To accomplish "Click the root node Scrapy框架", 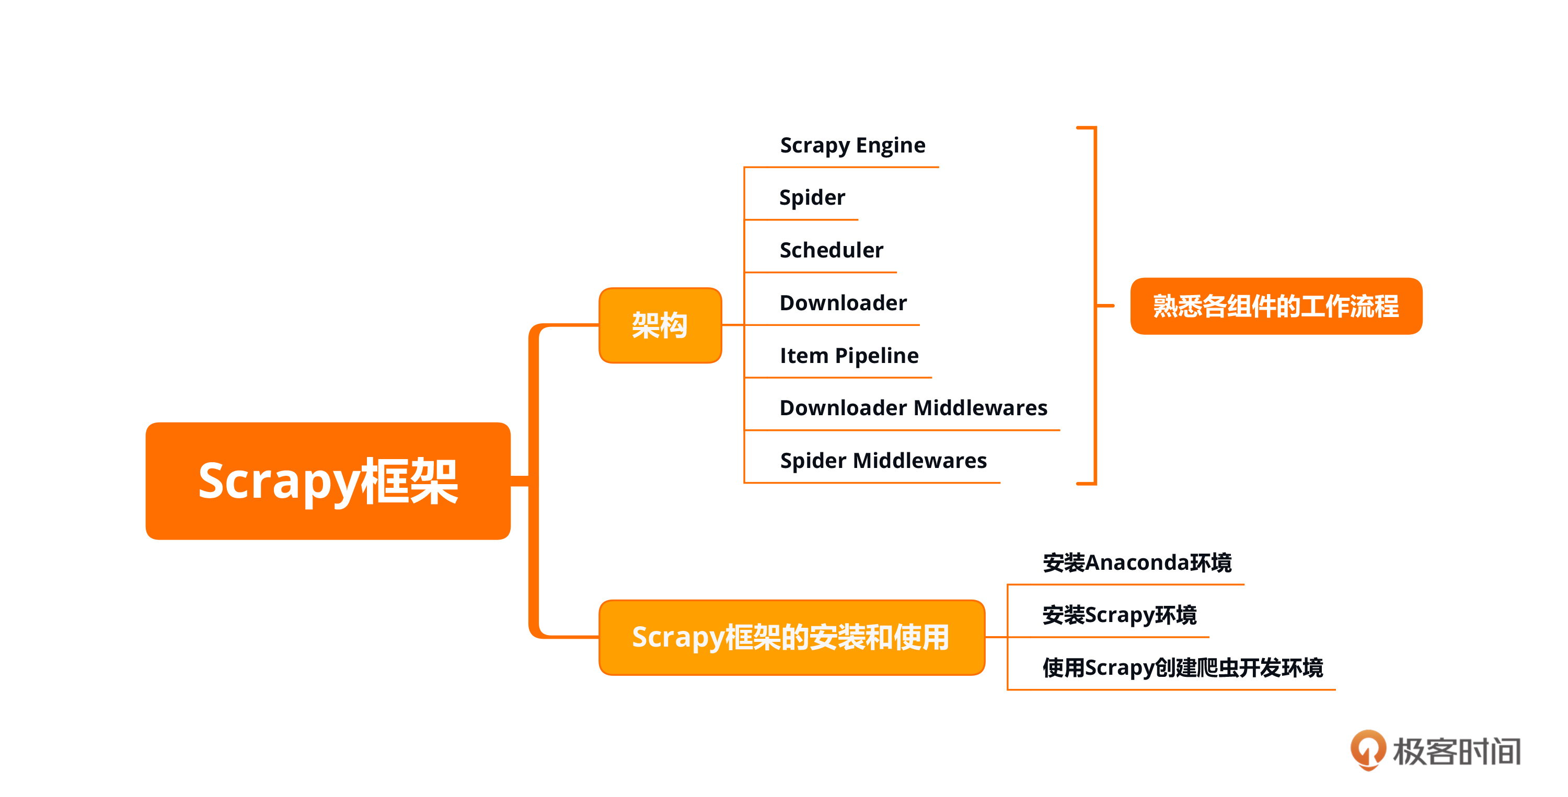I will coord(328,480).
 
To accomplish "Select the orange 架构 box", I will coord(660,325).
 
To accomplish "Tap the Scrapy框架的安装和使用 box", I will coord(791,637).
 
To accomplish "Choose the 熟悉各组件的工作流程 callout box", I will coord(1276,306).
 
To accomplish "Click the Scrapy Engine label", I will coord(852,145).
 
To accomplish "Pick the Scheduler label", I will coord(831,250).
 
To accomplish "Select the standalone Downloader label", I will coord(843,303).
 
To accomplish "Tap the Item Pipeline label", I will coord(849,355).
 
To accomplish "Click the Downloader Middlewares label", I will coord(913,407).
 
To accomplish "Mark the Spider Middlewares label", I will coord(883,461).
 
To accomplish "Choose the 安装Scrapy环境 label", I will coord(1120,615).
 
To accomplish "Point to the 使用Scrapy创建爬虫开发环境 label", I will coord(1183,667).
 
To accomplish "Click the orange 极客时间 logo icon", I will coord(1368,749).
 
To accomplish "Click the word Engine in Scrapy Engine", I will coord(891,145).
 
